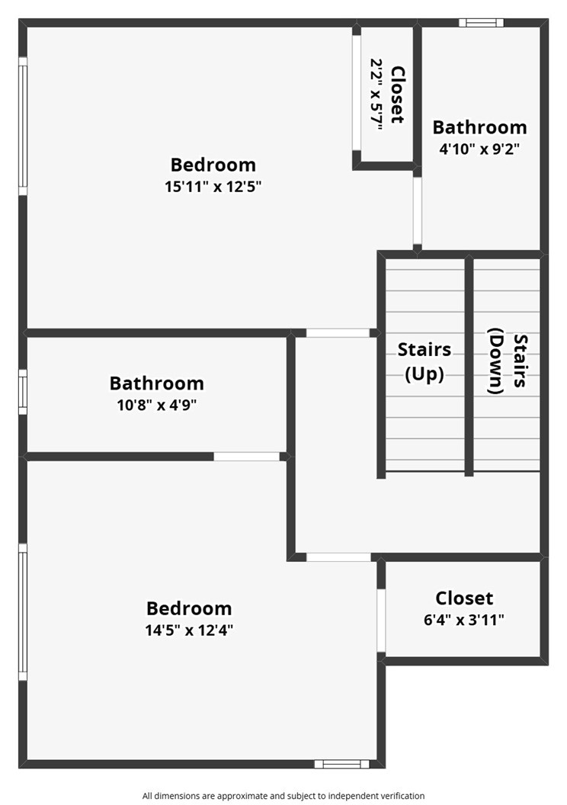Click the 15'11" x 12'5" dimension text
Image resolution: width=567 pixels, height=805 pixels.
[213, 186]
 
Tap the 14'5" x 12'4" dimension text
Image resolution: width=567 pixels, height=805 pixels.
[189, 630]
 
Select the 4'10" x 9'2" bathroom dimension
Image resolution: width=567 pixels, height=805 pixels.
[479, 149]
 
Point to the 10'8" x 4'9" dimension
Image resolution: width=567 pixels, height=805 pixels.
[157, 405]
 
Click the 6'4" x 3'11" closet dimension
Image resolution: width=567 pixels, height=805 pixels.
[464, 620]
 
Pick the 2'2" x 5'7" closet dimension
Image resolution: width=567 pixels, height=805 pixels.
[377, 94]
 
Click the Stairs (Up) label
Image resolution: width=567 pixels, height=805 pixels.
[424, 361]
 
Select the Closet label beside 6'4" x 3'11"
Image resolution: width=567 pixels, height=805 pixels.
[464, 598]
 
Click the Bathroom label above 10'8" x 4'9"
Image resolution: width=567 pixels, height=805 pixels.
[157, 383]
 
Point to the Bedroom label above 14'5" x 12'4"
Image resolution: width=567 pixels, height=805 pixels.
[189, 608]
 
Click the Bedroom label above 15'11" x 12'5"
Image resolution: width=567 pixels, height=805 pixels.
[213, 165]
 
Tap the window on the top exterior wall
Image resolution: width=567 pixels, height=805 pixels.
[481, 23]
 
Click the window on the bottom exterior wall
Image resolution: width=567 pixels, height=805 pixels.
[341, 764]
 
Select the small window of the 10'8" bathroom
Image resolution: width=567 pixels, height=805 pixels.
[23, 392]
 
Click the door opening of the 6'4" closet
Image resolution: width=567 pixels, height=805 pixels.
[381, 621]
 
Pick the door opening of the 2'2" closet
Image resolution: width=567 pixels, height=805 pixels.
[356, 93]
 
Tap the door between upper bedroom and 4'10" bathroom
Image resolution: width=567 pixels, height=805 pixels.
[418, 210]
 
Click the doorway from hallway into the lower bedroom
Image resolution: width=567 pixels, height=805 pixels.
[338, 557]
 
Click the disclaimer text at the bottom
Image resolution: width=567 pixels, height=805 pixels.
[283, 796]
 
